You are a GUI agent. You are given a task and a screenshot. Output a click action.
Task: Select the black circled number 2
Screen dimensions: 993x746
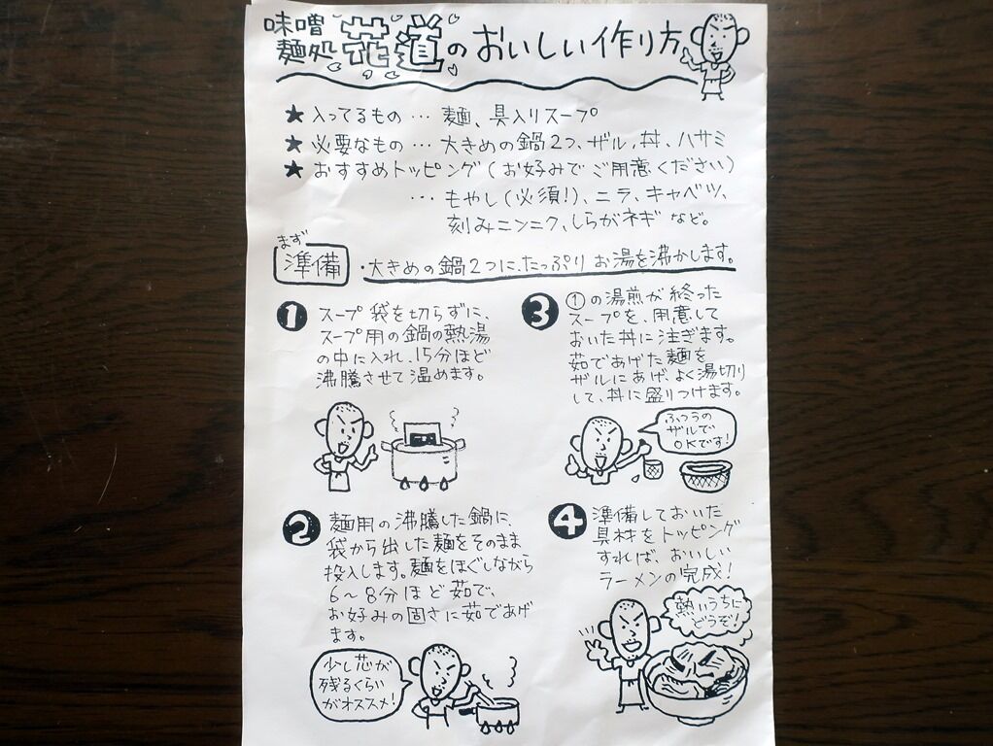click(301, 527)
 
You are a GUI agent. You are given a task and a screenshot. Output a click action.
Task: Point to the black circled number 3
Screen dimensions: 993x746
click(539, 312)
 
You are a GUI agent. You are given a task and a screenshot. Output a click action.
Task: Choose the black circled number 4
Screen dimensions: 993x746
click(566, 522)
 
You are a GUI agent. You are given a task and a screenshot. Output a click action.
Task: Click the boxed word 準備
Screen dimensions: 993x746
click(312, 265)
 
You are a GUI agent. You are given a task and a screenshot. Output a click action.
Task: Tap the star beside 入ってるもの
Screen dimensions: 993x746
click(293, 116)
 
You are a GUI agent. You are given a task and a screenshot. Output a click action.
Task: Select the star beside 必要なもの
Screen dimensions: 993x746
click(293, 144)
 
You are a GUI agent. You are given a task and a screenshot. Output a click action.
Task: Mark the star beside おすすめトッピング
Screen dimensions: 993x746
click(293, 170)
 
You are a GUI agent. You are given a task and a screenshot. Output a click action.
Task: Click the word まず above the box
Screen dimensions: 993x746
click(292, 240)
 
